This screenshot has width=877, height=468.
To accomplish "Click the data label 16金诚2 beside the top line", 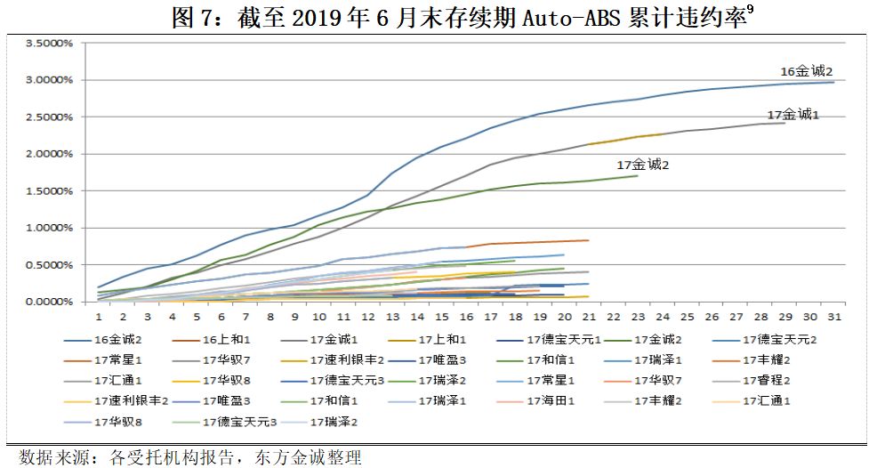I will tap(806, 71).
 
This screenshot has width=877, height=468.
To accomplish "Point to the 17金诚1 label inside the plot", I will tap(793, 115).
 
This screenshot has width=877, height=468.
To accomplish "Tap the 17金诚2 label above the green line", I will tap(643, 165).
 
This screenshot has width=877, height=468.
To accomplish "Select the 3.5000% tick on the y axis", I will tap(49, 43).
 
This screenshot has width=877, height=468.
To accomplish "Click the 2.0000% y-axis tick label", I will tap(49, 154).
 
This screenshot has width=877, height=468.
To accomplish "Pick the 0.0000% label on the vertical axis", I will tap(49, 302).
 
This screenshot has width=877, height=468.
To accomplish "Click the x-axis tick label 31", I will tap(828, 317).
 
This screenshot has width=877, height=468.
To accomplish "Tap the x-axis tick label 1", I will tap(99, 317).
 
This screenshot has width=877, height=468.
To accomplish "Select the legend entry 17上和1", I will tap(444, 340).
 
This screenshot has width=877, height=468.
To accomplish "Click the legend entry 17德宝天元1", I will tap(563, 340).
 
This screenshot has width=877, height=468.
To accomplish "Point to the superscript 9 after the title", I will tap(751, 9).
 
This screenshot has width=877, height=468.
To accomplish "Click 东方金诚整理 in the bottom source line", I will tap(310, 457).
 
